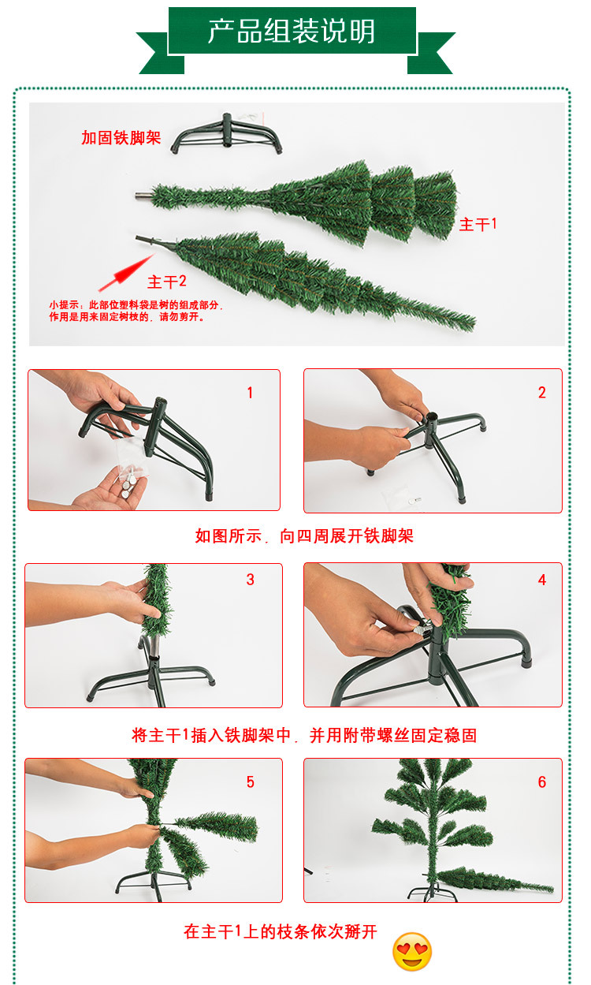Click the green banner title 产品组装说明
(x=292, y=32)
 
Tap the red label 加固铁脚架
(x=121, y=138)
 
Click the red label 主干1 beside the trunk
(x=478, y=224)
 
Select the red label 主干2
(x=166, y=282)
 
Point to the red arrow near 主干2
(x=126, y=273)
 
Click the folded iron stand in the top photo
(x=226, y=134)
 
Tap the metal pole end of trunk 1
(x=143, y=196)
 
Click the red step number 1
(x=250, y=392)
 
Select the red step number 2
(x=542, y=392)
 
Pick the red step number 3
(x=250, y=580)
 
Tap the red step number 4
(x=542, y=580)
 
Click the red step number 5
(x=250, y=782)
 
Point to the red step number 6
(x=542, y=782)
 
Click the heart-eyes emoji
(x=411, y=952)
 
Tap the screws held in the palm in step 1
(x=128, y=483)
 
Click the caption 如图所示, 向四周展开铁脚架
(x=304, y=536)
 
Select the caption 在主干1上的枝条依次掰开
(x=280, y=931)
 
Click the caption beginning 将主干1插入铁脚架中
(x=304, y=735)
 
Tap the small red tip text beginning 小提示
(x=136, y=311)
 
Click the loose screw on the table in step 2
(x=416, y=500)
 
